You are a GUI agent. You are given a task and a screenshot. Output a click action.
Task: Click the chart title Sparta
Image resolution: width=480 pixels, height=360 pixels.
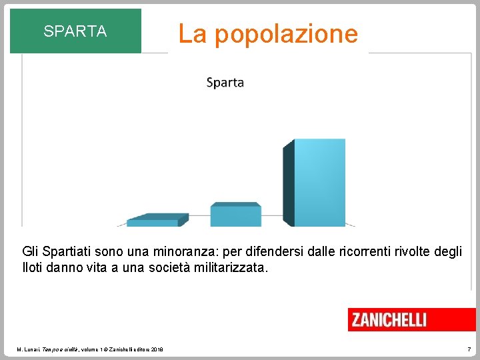225,83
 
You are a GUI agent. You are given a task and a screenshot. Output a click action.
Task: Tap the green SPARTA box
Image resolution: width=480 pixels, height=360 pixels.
75,31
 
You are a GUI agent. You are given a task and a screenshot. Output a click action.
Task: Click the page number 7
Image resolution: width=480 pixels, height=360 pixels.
469,349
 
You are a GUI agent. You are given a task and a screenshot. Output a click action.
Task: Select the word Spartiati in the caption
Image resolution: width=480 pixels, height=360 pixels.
69,251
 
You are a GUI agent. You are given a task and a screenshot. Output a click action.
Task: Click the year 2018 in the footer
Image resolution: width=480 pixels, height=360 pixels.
157,349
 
